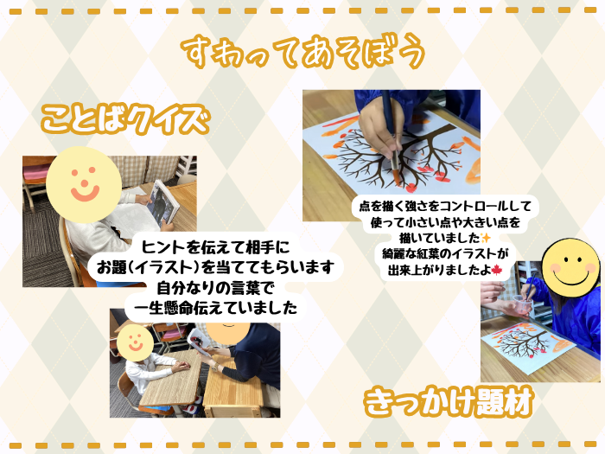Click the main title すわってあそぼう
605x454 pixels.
(303, 52)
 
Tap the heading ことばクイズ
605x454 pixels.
(125, 119)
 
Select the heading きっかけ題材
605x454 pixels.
(449, 402)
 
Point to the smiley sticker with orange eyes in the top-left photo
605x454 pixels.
(84, 185)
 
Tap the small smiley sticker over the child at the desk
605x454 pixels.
(135, 342)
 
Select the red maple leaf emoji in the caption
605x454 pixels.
(496, 270)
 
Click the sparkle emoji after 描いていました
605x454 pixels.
(486, 238)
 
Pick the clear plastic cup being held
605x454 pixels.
(522, 306)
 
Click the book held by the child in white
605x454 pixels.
(163, 203)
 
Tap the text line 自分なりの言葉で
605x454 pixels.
(216, 288)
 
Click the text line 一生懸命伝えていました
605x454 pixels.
(216, 308)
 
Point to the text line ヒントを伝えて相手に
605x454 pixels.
(216, 247)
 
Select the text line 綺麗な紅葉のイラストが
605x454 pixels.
(445, 253)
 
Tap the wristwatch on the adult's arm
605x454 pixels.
(215, 366)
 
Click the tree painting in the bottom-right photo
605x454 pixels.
(529, 343)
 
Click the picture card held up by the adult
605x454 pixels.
(198, 341)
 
